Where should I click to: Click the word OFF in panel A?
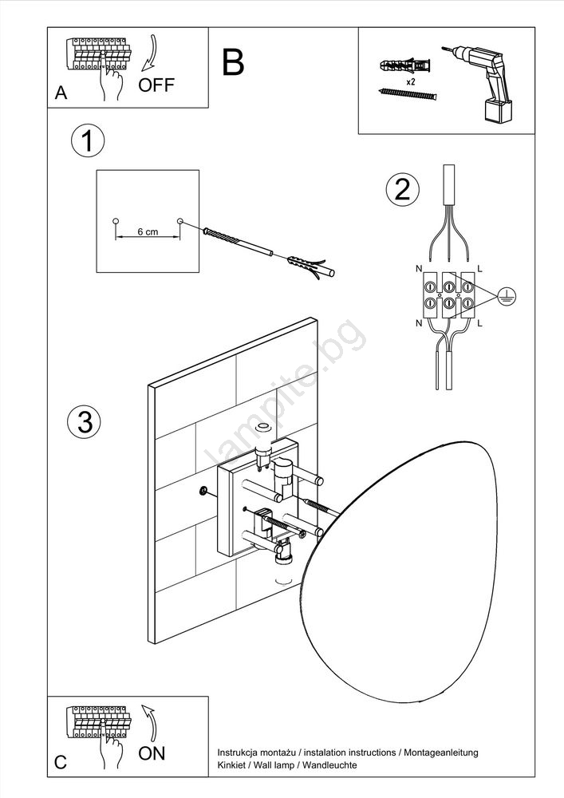click(156, 86)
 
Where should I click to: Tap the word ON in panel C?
click(152, 753)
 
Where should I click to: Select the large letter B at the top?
click(233, 62)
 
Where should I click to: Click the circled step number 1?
click(87, 141)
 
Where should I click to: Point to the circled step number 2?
click(402, 189)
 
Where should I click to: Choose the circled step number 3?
click(85, 421)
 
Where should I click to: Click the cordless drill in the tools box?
click(483, 80)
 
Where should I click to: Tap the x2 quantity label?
click(409, 82)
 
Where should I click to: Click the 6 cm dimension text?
click(147, 231)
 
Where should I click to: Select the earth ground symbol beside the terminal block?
click(503, 296)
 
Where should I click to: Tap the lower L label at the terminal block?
click(480, 323)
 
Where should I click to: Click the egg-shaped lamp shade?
click(399, 559)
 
